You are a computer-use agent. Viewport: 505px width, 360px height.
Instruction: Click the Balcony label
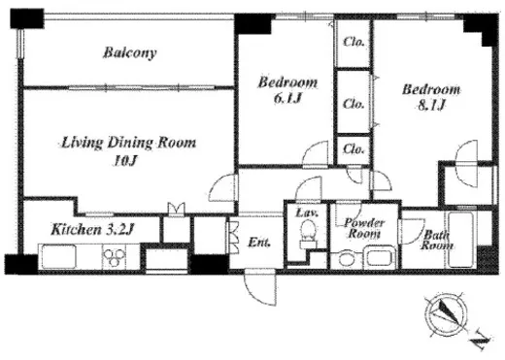pyautogui.click(x=130, y=52)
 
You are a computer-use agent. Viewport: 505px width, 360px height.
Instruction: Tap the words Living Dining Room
pyautogui.click(x=128, y=143)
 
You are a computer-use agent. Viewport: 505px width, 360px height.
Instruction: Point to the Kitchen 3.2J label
pyautogui.click(x=92, y=230)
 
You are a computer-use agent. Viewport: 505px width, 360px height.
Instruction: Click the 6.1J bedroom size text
pyautogui.click(x=287, y=99)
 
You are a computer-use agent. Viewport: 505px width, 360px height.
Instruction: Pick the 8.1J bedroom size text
pyautogui.click(x=431, y=105)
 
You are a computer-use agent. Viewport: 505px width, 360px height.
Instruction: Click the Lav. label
pyautogui.click(x=307, y=213)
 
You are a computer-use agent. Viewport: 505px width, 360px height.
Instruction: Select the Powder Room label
pyautogui.click(x=364, y=228)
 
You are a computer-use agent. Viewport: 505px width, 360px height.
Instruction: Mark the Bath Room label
pyautogui.click(x=436, y=240)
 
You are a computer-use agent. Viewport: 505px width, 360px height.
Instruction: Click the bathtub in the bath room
pyautogui.click(x=461, y=240)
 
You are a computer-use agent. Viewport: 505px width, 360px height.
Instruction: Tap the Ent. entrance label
pyautogui.click(x=259, y=243)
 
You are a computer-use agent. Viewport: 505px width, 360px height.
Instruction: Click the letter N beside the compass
pyautogui.click(x=480, y=340)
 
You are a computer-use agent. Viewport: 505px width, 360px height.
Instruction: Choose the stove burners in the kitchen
pyautogui.click(x=114, y=256)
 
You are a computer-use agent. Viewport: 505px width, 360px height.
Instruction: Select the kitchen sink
pyautogui.click(x=59, y=256)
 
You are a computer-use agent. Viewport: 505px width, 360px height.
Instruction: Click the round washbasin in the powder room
pyautogui.click(x=347, y=259)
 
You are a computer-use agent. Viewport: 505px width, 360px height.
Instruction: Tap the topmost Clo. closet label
pyautogui.click(x=353, y=42)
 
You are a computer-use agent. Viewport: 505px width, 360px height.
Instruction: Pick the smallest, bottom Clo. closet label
pyautogui.click(x=353, y=149)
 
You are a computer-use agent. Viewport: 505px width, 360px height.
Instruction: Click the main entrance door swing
pyautogui.click(x=260, y=288)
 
